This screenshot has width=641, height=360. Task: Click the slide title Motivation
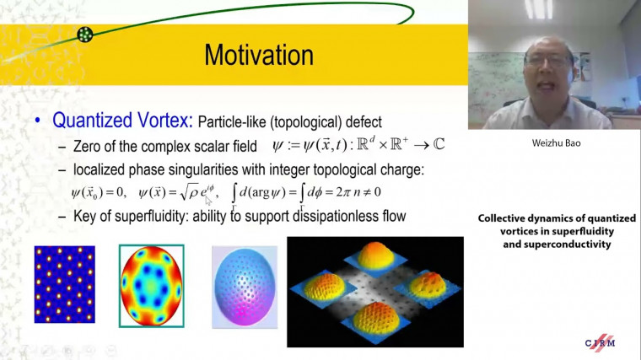259,56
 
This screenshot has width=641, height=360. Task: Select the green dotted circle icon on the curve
84,34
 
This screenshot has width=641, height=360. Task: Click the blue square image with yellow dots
65,284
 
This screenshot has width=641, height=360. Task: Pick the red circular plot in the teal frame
151,285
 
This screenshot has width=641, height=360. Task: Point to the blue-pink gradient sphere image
244,285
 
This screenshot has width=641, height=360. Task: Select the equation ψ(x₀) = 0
99,194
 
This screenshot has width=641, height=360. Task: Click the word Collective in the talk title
504,218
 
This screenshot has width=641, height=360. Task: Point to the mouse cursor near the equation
208,201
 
